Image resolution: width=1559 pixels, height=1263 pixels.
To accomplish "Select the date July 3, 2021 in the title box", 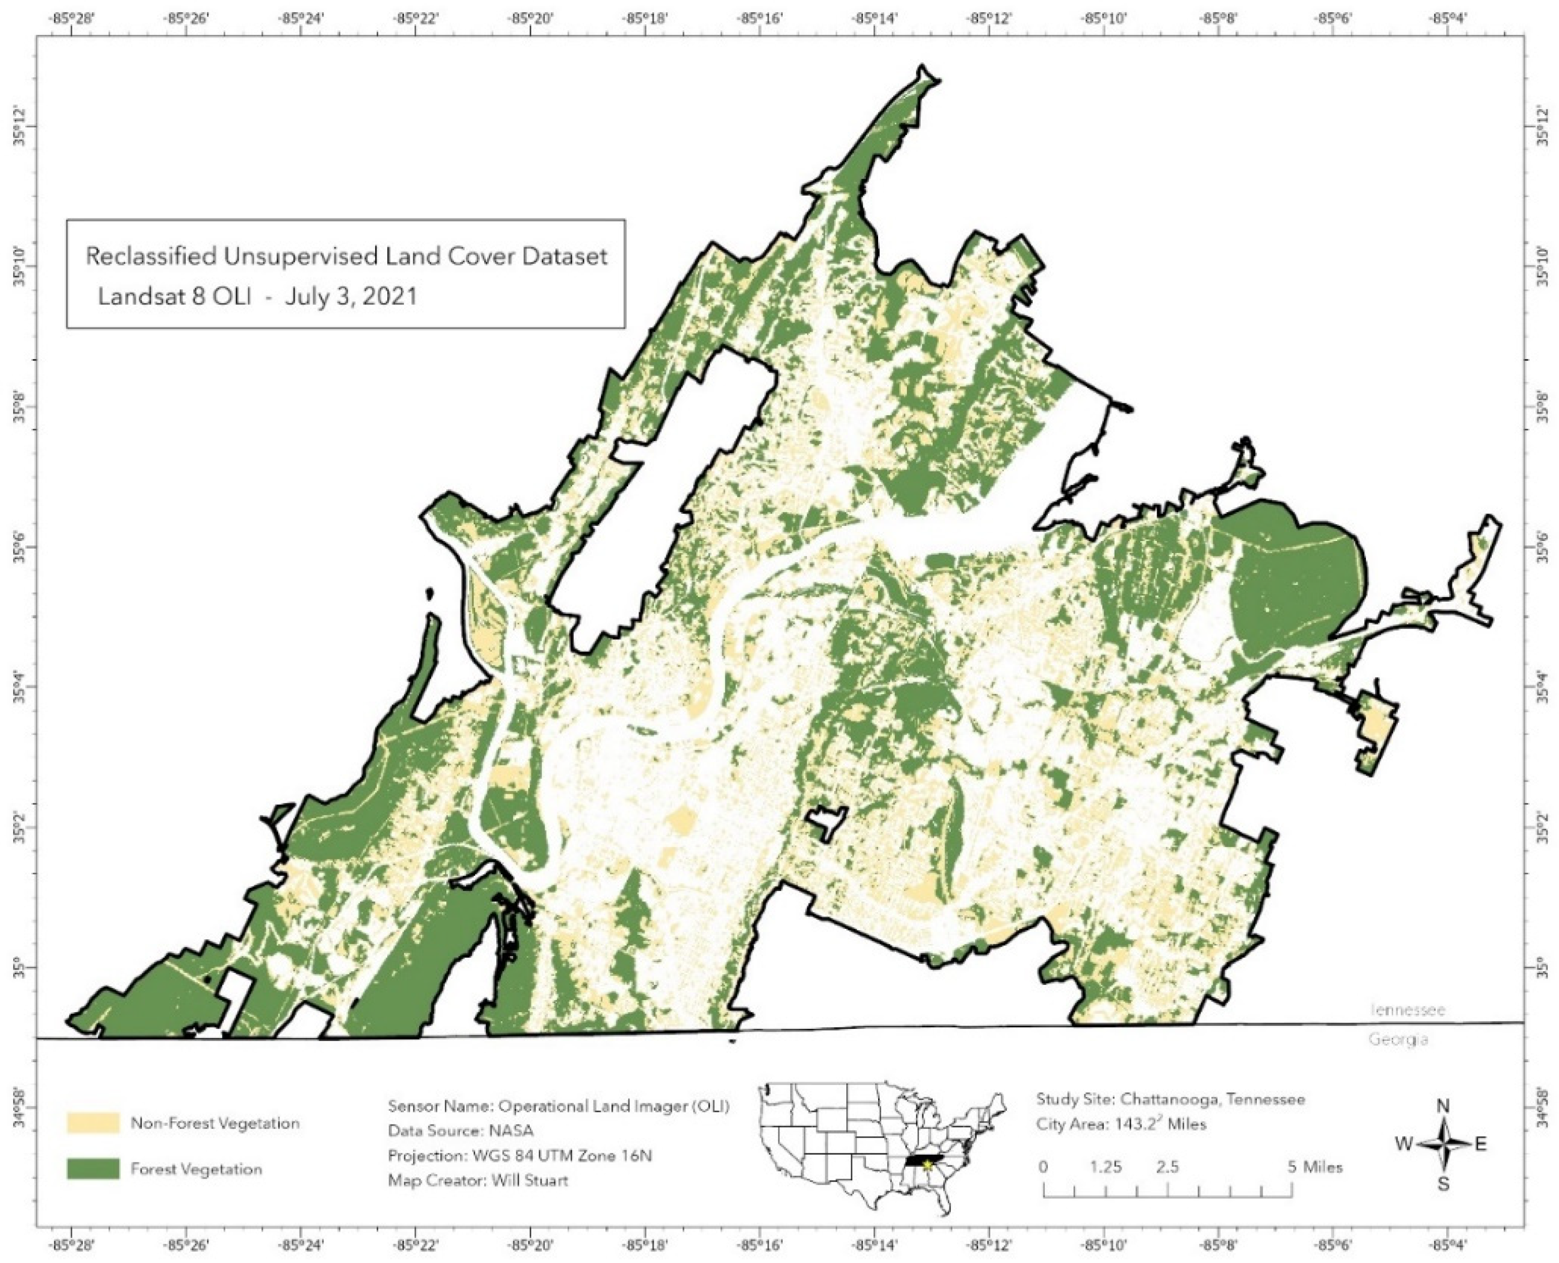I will (351, 296).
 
